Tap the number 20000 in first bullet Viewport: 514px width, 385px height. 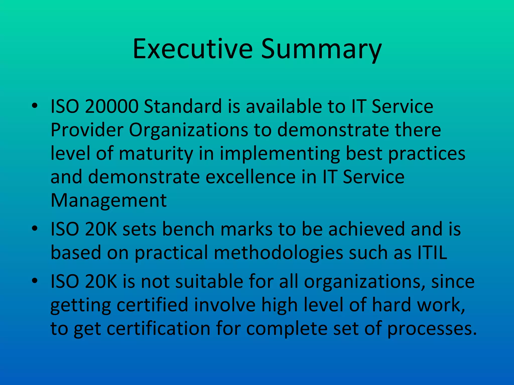tap(112, 106)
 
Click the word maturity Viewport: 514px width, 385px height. tap(156, 154)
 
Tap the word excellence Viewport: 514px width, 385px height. tap(251, 177)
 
